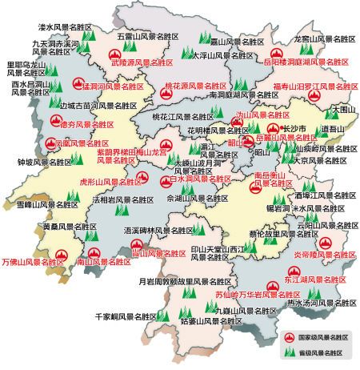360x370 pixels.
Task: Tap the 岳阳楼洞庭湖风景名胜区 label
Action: [x=306, y=60]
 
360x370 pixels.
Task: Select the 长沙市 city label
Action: [x=294, y=127]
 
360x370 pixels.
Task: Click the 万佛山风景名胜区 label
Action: [x=33, y=261]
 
